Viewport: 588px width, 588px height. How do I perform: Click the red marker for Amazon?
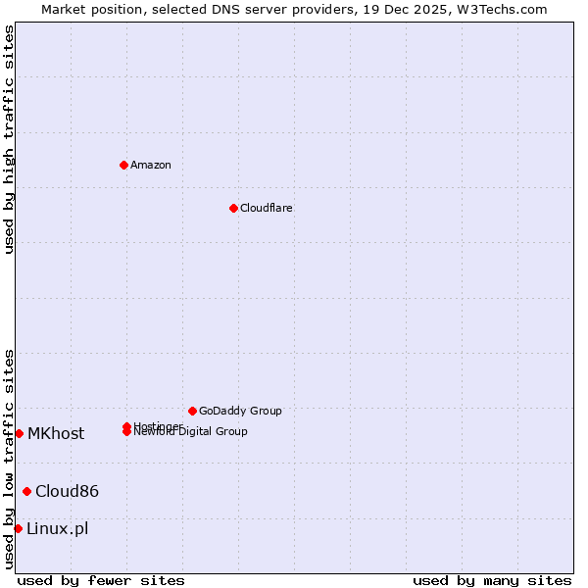pyautogui.click(x=123, y=165)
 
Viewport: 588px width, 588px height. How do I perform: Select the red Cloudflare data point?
pyautogui.click(x=233, y=208)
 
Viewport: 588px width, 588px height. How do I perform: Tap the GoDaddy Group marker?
pyautogui.click(x=192, y=411)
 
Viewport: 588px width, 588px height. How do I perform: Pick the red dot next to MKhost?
pyautogui.click(x=19, y=433)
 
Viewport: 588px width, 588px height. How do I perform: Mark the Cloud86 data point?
pyautogui.click(x=26, y=491)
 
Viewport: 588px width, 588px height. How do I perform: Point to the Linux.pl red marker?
pyautogui.click(x=18, y=528)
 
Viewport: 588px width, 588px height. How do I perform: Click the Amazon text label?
pyautogui.click(x=151, y=165)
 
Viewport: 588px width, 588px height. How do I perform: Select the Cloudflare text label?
pyautogui.click(x=267, y=208)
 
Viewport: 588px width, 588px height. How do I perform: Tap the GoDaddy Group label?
pyautogui.click(x=240, y=411)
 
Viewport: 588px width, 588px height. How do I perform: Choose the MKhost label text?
pyautogui.click(x=56, y=433)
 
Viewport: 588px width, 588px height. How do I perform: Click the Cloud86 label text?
pyautogui.click(x=67, y=491)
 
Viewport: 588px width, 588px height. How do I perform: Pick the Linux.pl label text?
pyautogui.click(x=57, y=528)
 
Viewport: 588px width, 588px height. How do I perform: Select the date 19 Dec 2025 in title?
pyautogui.click(x=418, y=9)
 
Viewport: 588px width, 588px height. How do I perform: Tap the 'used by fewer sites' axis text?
pyautogui.click(x=101, y=580)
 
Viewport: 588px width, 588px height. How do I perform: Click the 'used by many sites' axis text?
pyautogui.click(x=492, y=580)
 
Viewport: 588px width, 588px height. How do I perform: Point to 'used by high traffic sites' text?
pyautogui.click(x=9, y=139)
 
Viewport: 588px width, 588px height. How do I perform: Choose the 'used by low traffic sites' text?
pyautogui.click(x=9, y=459)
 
